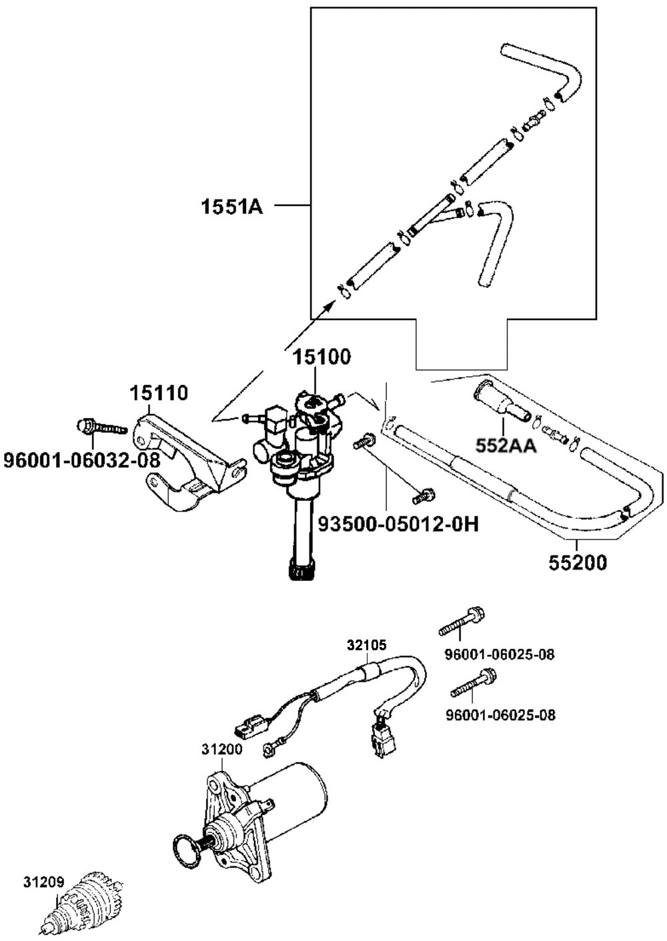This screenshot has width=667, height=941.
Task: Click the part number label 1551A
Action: coord(232,207)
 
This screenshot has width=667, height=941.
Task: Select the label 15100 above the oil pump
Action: coord(321,357)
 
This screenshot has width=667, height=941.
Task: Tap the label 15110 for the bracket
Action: coord(159,393)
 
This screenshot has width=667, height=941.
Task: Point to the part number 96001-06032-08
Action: coord(82,460)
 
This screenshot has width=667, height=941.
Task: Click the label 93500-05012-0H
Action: coord(398,524)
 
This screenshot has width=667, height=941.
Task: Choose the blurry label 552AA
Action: coord(506,446)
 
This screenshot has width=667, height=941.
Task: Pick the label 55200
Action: coord(578,564)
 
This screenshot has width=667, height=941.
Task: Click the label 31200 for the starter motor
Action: coord(221,749)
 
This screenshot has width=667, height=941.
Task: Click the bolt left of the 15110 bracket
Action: coord(102,427)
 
